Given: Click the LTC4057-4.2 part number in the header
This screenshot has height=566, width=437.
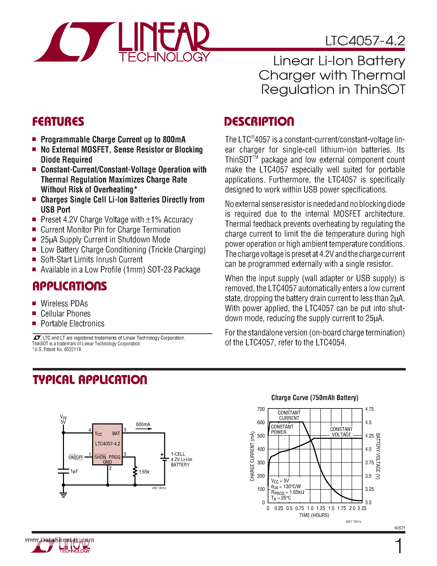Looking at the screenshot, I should point(365,41).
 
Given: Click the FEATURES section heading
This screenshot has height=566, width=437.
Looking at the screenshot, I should point(58,122).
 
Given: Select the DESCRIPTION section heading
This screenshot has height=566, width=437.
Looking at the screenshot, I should point(259,122).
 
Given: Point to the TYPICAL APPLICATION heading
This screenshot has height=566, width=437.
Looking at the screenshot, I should point(90,380).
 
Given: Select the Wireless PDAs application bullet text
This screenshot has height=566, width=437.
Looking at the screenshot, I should point(64,303).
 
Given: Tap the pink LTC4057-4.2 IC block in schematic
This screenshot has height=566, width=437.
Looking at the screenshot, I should point(107,444).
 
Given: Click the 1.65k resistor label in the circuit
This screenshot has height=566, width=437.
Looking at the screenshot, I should point(144,472).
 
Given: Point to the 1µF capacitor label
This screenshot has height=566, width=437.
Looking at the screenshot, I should point(74,471).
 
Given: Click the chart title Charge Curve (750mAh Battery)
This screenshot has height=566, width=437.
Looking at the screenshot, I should point(315,398).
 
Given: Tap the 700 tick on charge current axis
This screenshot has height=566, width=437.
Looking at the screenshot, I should point(261,409).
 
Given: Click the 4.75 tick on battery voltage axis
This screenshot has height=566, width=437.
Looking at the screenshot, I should point(369,409).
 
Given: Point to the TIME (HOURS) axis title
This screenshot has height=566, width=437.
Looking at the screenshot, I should point(314,515).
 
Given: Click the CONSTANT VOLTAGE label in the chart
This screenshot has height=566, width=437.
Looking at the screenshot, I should point(341,432).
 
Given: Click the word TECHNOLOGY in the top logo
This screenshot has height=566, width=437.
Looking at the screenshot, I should point(164,57).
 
